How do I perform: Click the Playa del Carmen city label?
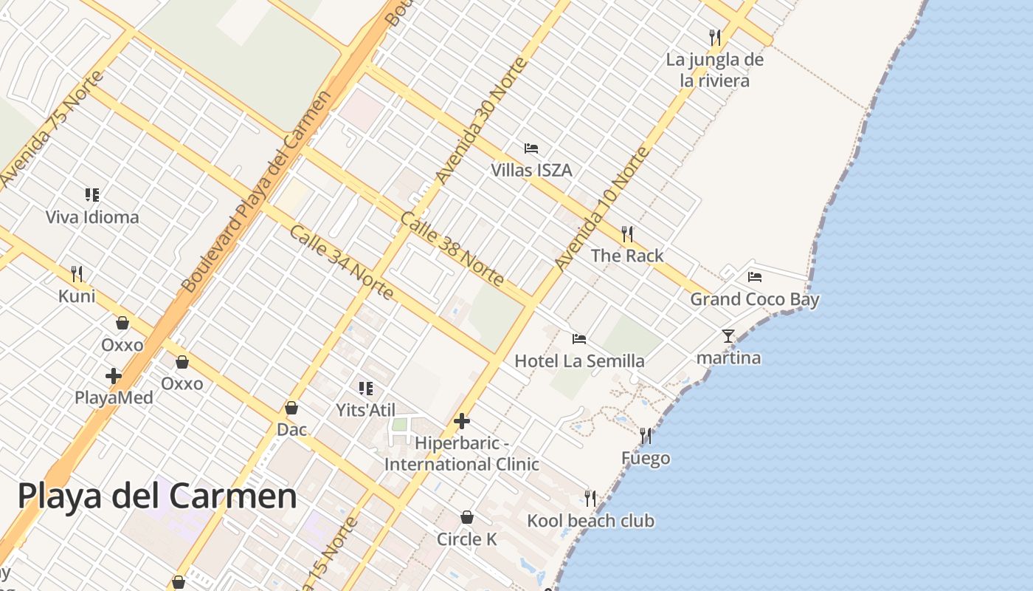coord(157,496)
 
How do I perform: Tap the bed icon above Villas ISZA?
coord(531,148)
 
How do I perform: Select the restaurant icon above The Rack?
coord(627,234)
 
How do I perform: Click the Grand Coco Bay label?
coord(754,299)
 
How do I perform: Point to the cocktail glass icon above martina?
coord(728,336)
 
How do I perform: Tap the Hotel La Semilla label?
coord(579,361)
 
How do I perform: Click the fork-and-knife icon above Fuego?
coord(646,436)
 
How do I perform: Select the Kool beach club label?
coord(590,521)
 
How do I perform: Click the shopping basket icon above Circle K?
coord(466,517)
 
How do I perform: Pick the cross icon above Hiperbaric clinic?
coord(462,422)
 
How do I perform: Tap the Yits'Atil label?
coord(366,410)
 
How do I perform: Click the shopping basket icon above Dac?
coord(291,408)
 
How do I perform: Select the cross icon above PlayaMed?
coord(114,376)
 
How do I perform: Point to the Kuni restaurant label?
coord(77,296)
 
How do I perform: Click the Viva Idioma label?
coord(92,217)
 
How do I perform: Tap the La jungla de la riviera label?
coord(714,70)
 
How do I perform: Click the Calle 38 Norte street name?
coord(452,249)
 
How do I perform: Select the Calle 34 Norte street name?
coord(340,262)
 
